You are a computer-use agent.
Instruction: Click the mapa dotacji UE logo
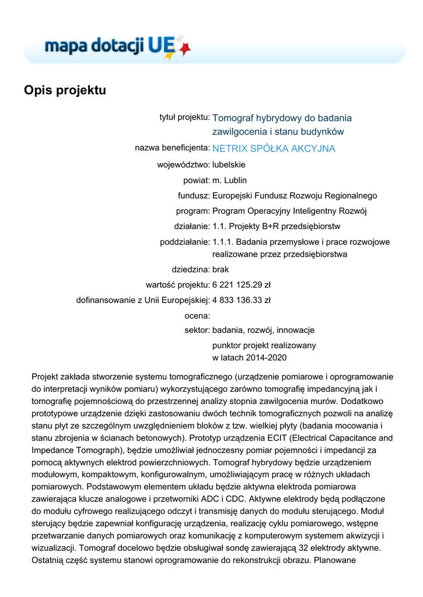tap(117, 45)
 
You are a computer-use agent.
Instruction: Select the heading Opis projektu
tap(65, 91)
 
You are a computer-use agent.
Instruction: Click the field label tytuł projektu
tap(184, 117)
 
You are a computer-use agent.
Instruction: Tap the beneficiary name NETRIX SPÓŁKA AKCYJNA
tap(274, 149)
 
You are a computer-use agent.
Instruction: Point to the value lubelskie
tap(229, 165)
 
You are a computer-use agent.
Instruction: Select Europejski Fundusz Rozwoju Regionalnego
tap(295, 196)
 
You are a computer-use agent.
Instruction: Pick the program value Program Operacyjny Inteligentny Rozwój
tap(289, 211)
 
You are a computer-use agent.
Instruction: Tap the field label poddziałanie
tap(184, 241)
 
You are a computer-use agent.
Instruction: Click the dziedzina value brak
tap(221, 270)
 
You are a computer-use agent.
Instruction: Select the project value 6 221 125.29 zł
tap(241, 285)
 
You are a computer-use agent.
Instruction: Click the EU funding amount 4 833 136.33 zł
tap(241, 300)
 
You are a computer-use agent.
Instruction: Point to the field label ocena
tap(197, 315)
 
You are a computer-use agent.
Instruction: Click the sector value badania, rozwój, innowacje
tap(263, 330)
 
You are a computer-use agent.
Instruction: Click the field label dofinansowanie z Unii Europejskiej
tap(143, 300)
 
